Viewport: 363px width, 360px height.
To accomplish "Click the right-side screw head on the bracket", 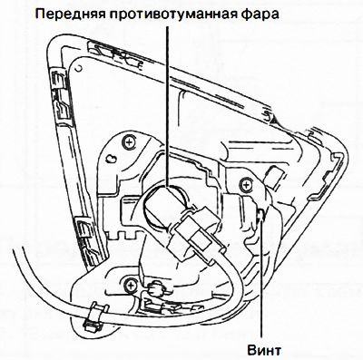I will pyautogui.click(x=243, y=185).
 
